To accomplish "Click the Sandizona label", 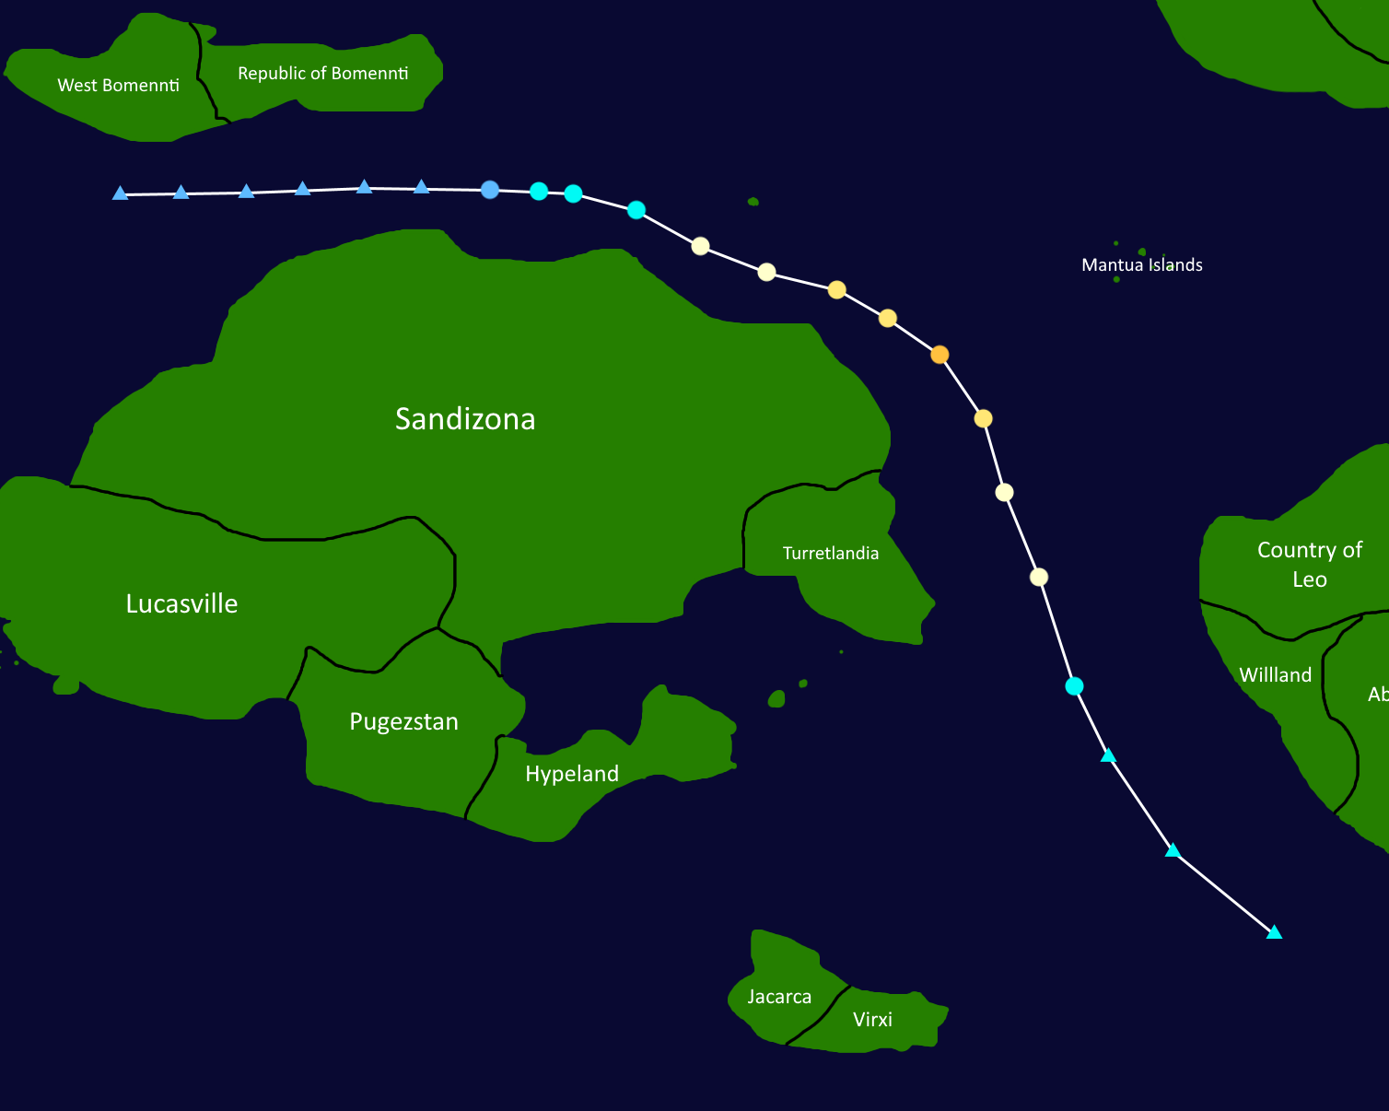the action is tap(465, 419).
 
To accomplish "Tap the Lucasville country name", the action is tap(181, 604).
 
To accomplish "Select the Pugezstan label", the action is tap(403, 721).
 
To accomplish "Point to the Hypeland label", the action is tap(571, 774).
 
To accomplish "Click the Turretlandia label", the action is tap(830, 554).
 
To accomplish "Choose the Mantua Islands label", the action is tap(1141, 265).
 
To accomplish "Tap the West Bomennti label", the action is tap(118, 86).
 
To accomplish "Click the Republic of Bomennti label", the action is tap(322, 74).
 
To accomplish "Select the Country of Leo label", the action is tap(1309, 564).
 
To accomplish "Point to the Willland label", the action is tap(1275, 675).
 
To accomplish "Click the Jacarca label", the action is tap(779, 997).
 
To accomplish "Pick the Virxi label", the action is tap(872, 1020).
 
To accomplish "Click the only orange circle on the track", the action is tap(940, 355).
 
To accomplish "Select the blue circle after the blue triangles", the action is tap(490, 190).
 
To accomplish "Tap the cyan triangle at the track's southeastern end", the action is tap(1274, 933).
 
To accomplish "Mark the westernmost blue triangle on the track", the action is tap(120, 193).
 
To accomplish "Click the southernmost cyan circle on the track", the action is tap(1074, 686).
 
